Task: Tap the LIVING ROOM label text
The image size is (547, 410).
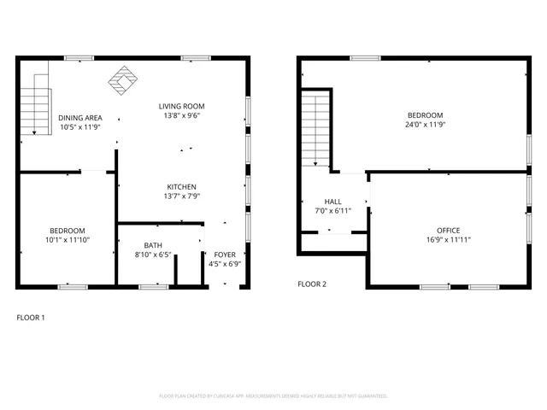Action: point(182,107)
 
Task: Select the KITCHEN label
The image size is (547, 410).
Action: point(182,187)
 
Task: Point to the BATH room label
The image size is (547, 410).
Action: point(153,244)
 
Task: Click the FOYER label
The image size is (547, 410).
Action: point(225,254)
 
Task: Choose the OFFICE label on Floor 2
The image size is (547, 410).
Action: point(448,231)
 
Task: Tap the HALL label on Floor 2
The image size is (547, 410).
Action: point(332,201)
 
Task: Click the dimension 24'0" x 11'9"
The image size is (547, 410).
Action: point(425,125)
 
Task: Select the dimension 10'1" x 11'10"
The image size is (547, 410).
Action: point(67,240)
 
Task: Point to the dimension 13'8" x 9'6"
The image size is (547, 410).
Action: point(182,116)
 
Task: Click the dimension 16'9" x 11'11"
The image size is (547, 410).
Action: point(448,240)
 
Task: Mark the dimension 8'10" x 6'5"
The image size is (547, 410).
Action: point(153,254)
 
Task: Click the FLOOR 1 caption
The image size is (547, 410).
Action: point(31,318)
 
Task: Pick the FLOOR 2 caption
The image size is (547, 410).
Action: point(311,284)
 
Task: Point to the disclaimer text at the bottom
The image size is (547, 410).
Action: point(273,396)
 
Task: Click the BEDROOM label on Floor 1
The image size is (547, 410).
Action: point(67,231)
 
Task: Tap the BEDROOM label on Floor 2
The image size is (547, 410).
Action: point(425,115)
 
